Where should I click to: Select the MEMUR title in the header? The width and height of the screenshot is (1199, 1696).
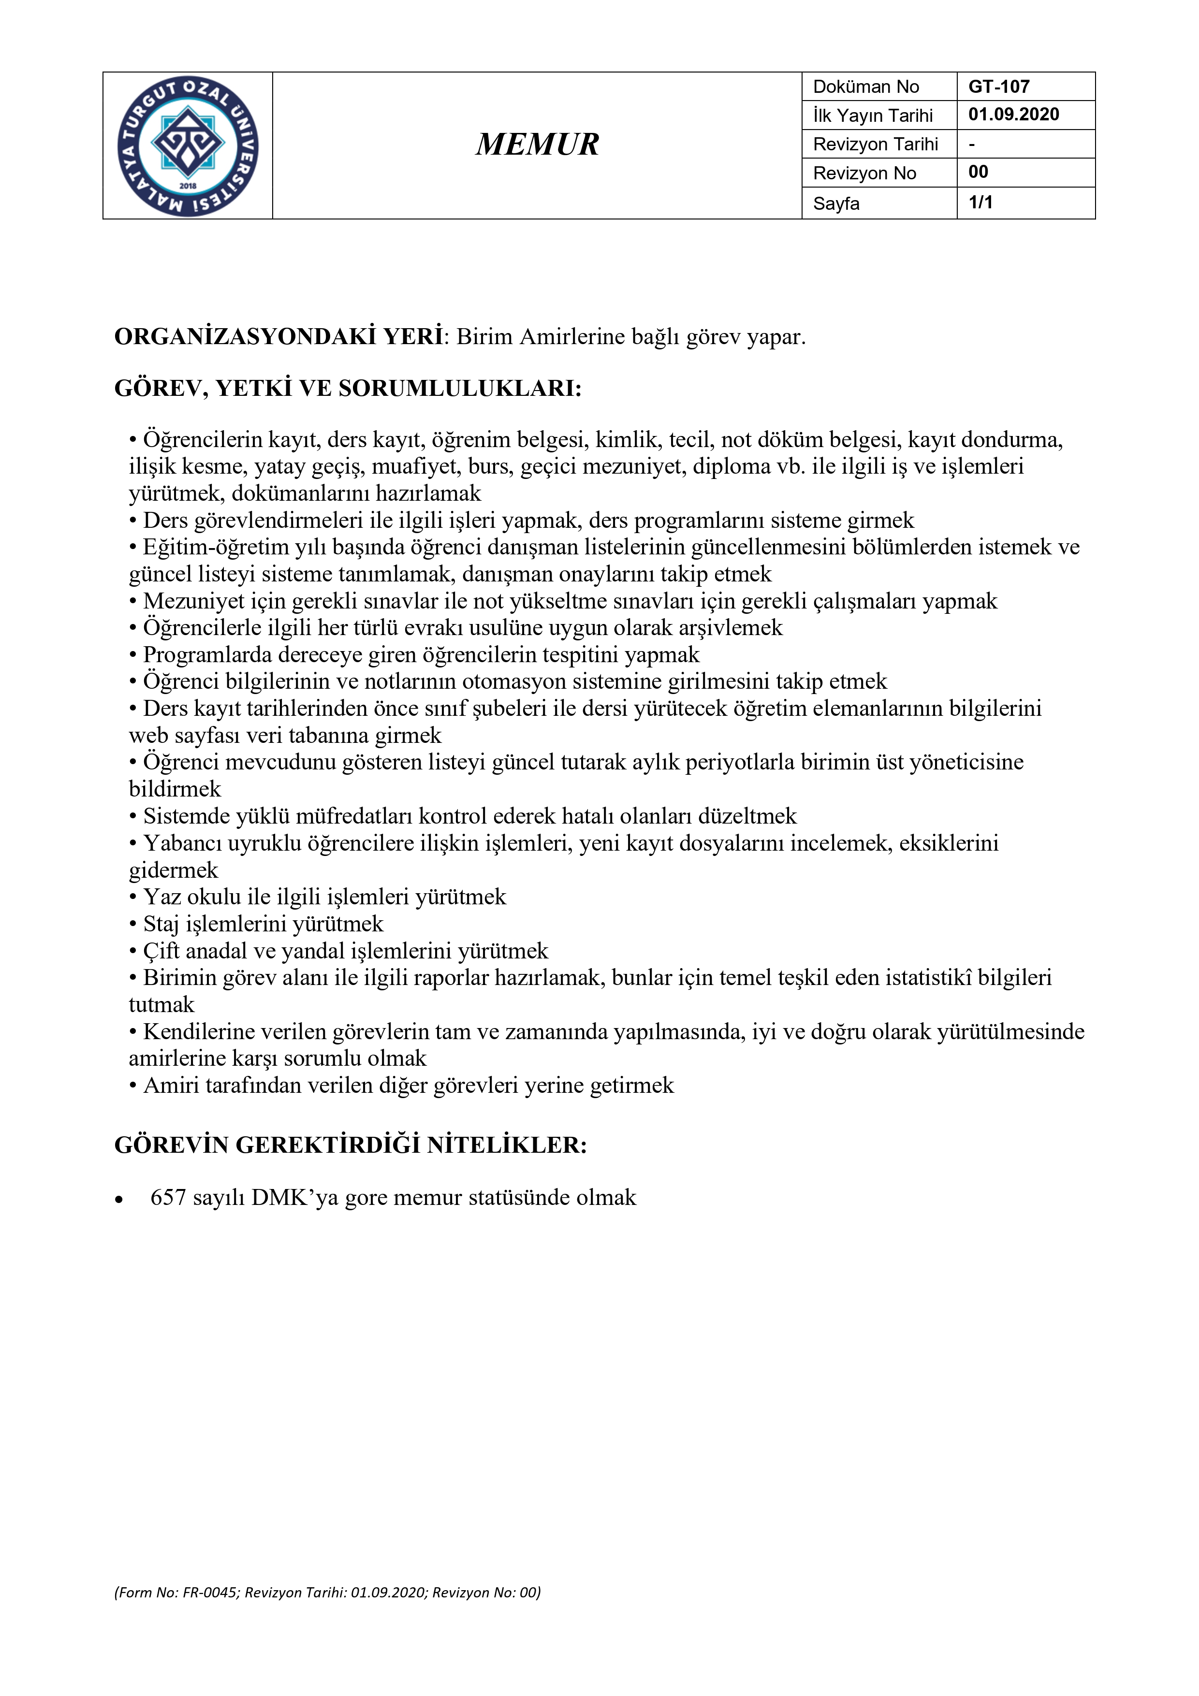tap(537, 145)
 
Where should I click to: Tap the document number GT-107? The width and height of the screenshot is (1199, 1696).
tap(999, 87)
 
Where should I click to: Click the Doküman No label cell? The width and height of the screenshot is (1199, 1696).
tap(866, 87)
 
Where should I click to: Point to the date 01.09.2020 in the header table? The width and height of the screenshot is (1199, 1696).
tap(1013, 115)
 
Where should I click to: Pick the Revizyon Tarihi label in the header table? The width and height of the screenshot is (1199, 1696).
tap(876, 144)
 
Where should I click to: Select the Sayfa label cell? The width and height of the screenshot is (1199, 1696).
tap(836, 203)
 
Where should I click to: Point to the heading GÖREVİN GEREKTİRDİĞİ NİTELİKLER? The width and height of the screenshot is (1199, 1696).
tap(350, 1145)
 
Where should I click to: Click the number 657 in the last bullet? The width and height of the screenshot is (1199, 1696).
tap(168, 1197)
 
